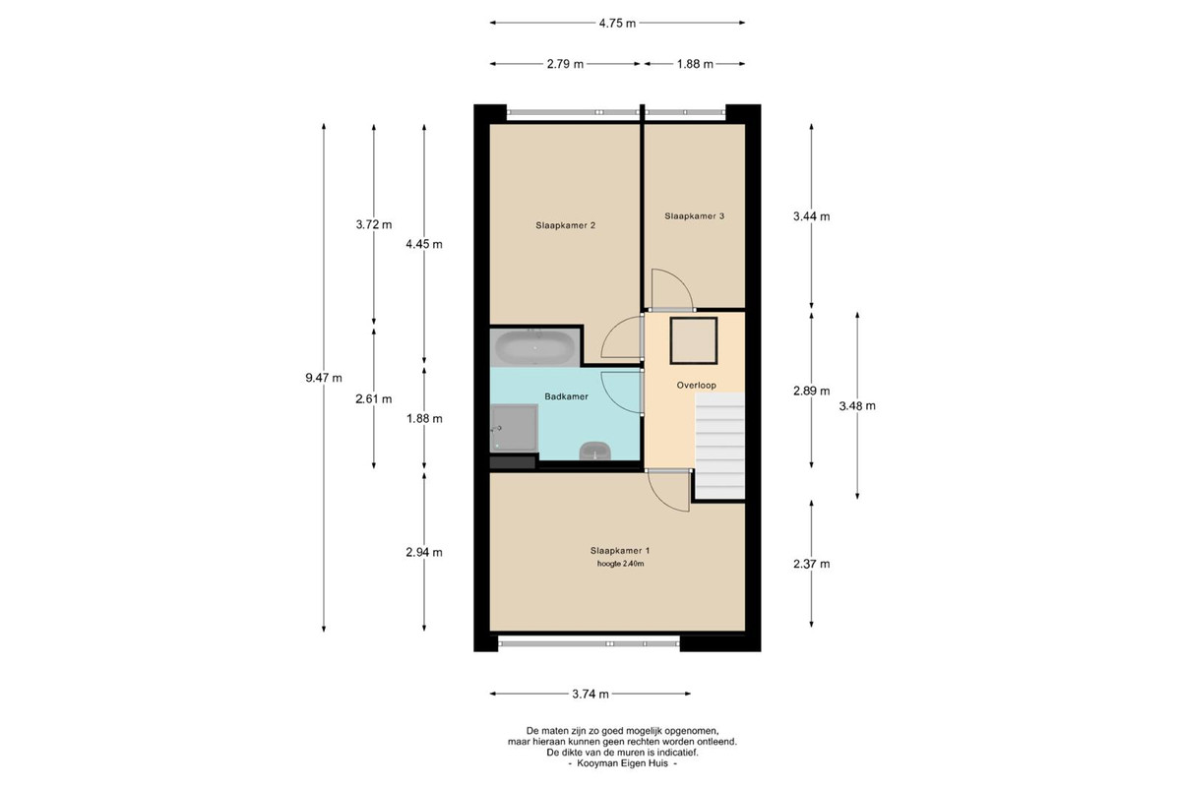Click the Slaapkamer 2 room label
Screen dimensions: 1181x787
pos(565,225)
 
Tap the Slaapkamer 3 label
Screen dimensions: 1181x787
pos(694,216)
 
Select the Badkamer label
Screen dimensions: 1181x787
pos(566,396)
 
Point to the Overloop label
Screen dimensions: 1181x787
pos(697,386)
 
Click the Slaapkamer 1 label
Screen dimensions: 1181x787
pos(619,551)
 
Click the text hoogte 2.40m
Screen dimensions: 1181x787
pos(621,564)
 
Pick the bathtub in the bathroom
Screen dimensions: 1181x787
pos(534,347)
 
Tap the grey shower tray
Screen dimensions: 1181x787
pos(514,428)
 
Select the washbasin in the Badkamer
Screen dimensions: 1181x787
pos(594,452)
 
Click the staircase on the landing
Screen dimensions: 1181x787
pos(719,446)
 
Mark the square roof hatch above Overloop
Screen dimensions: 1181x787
pos(693,340)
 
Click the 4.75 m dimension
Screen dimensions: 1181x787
pos(617,24)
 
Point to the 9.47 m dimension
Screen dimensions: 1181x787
pos(324,378)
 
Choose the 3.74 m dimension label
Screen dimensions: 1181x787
pos(590,695)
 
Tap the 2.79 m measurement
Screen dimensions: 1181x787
pos(565,64)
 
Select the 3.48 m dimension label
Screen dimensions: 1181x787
pos(857,406)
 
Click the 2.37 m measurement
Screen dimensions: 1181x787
pos(811,564)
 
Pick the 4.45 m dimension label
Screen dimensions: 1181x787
pos(424,244)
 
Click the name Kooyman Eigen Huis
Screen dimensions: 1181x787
pos(622,763)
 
